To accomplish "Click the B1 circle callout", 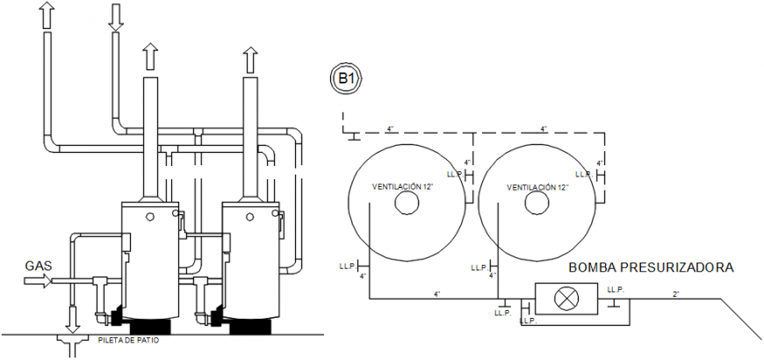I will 346,79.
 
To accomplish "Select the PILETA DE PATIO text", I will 129,341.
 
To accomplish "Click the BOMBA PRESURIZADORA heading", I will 650,267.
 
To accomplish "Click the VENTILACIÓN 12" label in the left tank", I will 404,187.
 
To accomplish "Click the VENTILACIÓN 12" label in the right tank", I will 537,187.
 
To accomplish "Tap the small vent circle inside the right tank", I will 537,203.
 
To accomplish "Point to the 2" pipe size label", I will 676,292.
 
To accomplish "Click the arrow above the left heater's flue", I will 151,57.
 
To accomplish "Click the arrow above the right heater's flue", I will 251,60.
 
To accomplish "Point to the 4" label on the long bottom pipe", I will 436,293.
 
